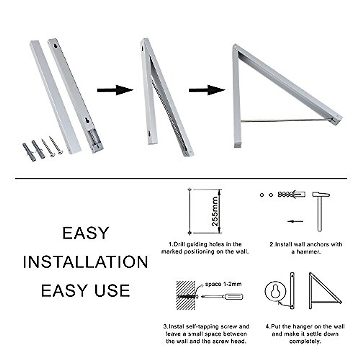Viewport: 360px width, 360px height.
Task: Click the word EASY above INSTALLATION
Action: [85, 233]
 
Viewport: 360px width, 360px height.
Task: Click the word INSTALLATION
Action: [85, 262]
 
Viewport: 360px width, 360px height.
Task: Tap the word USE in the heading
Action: [112, 290]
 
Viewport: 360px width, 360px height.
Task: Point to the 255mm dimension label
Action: [215, 211]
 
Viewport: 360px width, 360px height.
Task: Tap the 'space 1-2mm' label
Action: [223, 284]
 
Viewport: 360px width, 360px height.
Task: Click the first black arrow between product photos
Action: [115, 90]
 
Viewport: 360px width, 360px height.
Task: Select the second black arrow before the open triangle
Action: [207, 90]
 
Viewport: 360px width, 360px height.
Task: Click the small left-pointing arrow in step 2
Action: [295, 221]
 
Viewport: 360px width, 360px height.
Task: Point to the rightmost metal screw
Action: [56, 146]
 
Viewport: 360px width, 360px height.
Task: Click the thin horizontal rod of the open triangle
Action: [285, 121]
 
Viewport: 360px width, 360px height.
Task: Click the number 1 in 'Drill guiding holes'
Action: [170, 244]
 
